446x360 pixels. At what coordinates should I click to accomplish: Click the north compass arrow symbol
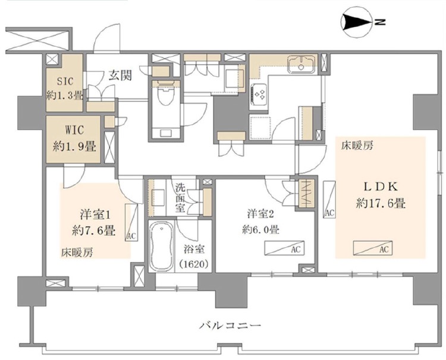pos(357,22)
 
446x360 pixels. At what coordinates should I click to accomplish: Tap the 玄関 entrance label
pos(120,75)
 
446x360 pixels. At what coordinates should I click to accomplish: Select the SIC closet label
pos(65,81)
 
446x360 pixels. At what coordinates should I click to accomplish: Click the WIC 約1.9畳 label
pos(74,138)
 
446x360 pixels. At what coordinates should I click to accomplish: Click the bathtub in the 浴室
pos(161,247)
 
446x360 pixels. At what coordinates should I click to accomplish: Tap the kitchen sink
pos(301,64)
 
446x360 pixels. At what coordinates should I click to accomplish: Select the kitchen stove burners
pos(259,93)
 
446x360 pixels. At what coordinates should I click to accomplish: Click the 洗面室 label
pos(180,198)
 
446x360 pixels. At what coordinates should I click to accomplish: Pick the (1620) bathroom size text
pos(194,264)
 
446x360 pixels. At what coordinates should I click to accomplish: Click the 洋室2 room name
pos(260,214)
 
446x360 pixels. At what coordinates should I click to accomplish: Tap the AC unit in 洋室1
pos(131,222)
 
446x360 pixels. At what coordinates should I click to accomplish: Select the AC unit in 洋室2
pos(284,248)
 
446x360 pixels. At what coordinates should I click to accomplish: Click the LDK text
pos(381,187)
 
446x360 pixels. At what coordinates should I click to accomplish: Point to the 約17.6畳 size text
pos(381,203)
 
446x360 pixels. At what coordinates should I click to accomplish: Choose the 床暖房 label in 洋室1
pos(77,252)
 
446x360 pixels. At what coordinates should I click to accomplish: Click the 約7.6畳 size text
pos(93,230)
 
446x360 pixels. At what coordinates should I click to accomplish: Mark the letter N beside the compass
pos(380,22)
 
